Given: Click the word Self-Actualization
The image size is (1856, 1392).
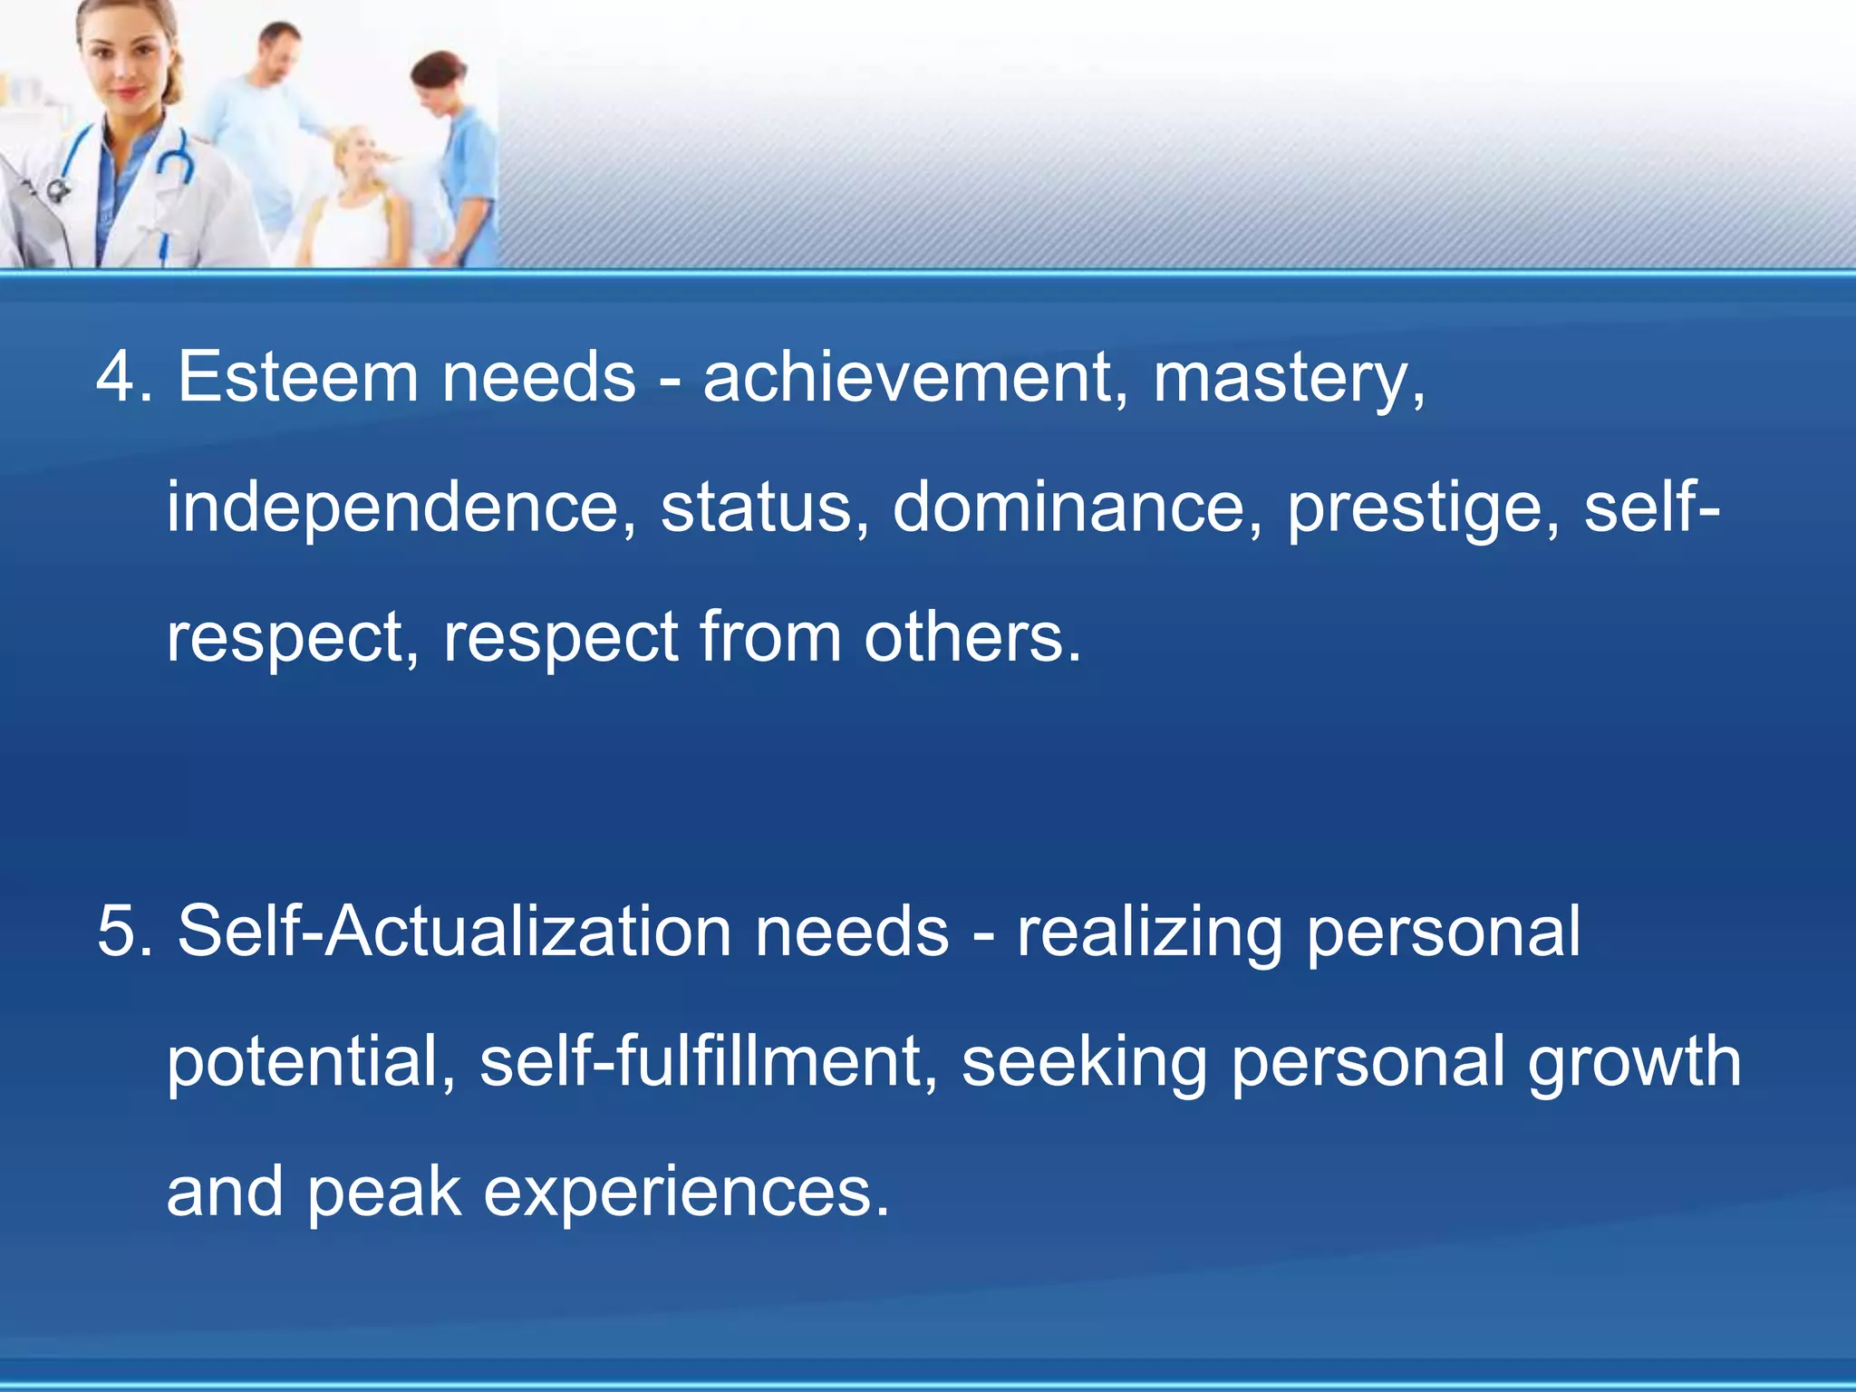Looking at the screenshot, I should point(454,932).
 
